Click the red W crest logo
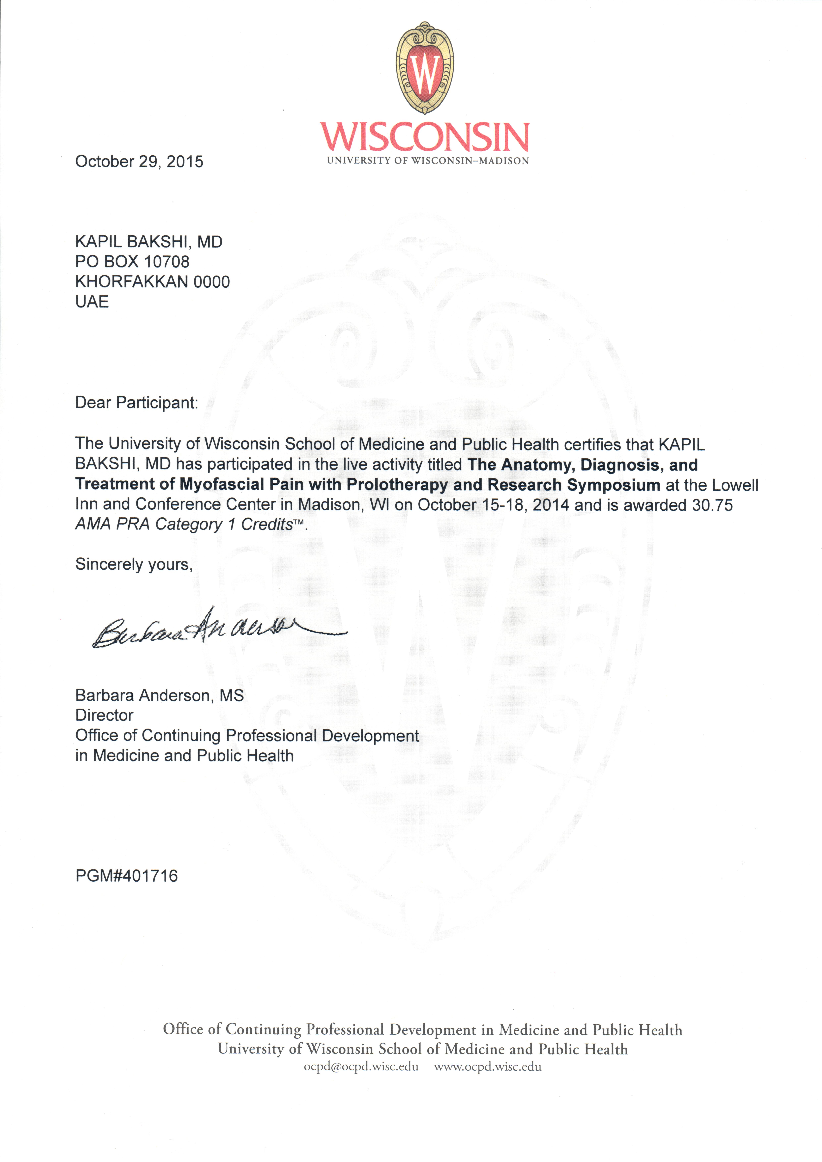click(x=425, y=68)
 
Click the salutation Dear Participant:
click(x=137, y=403)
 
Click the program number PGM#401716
click(x=127, y=876)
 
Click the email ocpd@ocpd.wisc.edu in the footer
click(x=361, y=1067)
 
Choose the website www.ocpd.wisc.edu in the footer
click(x=488, y=1067)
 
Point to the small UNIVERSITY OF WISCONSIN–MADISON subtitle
click(x=428, y=161)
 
